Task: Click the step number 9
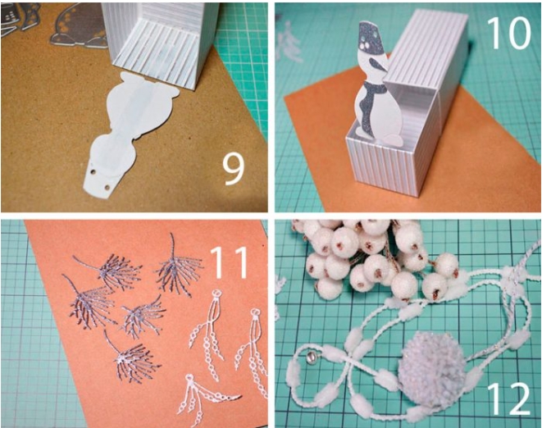(x=234, y=169)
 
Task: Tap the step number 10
(x=509, y=33)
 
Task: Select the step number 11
(x=229, y=262)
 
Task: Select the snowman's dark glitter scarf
(x=371, y=101)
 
